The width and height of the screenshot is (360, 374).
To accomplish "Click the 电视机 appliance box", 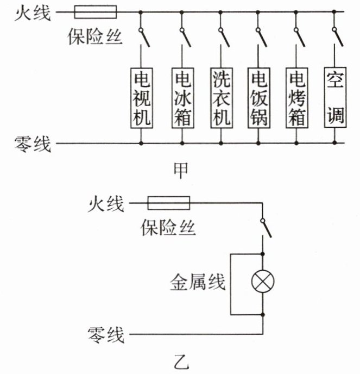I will point(141,97).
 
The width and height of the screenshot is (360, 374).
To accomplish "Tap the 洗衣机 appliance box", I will point(220,97).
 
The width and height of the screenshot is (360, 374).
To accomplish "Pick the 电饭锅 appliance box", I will point(258,97).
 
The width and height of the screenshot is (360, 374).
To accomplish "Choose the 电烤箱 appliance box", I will point(297,97).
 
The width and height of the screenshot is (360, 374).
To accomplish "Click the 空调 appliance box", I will point(334,96).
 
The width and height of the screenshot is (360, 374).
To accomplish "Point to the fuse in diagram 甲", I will point(94,11).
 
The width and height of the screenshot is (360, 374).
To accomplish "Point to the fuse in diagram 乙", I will point(169,204).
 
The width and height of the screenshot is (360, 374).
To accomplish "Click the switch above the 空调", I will point(338,37).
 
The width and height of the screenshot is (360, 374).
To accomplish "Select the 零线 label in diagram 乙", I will point(106,333).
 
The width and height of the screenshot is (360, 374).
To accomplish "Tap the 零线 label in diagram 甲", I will point(33,144).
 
